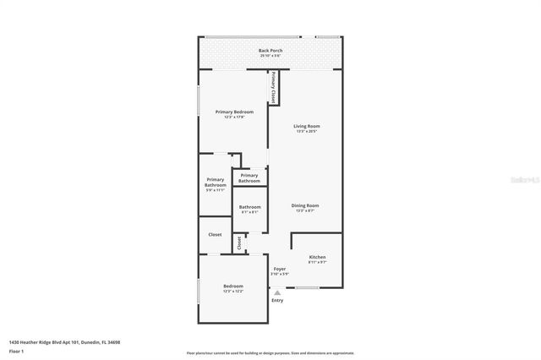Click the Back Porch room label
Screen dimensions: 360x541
(x=270, y=51)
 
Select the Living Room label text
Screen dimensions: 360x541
(x=307, y=126)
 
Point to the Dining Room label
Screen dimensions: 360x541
(x=305, y=205)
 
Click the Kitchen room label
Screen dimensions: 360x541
(x=317, y=257)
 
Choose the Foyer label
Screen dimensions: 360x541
(x=279, y=269)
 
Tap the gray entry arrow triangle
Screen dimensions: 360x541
(x=276, y=292)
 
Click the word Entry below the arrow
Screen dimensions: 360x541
(x=277, y=301)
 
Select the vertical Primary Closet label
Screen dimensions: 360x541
(x=273, y=88)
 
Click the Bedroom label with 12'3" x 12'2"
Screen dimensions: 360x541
(x=233, y=286)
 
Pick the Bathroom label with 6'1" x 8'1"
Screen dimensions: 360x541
(x=249, y=207)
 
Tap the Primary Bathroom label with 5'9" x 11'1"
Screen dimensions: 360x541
(x=216, y=183)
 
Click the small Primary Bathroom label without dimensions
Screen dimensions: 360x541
(x=249, y=177)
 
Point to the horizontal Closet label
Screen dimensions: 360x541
(x=215, y=234)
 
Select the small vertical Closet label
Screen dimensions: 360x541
(x=239, y=243)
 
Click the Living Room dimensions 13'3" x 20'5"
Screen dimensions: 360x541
(x=307, y=131)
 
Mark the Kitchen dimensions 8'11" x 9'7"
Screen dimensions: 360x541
(x=317, y=262)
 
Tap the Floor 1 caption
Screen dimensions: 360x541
(x=16, y=351)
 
